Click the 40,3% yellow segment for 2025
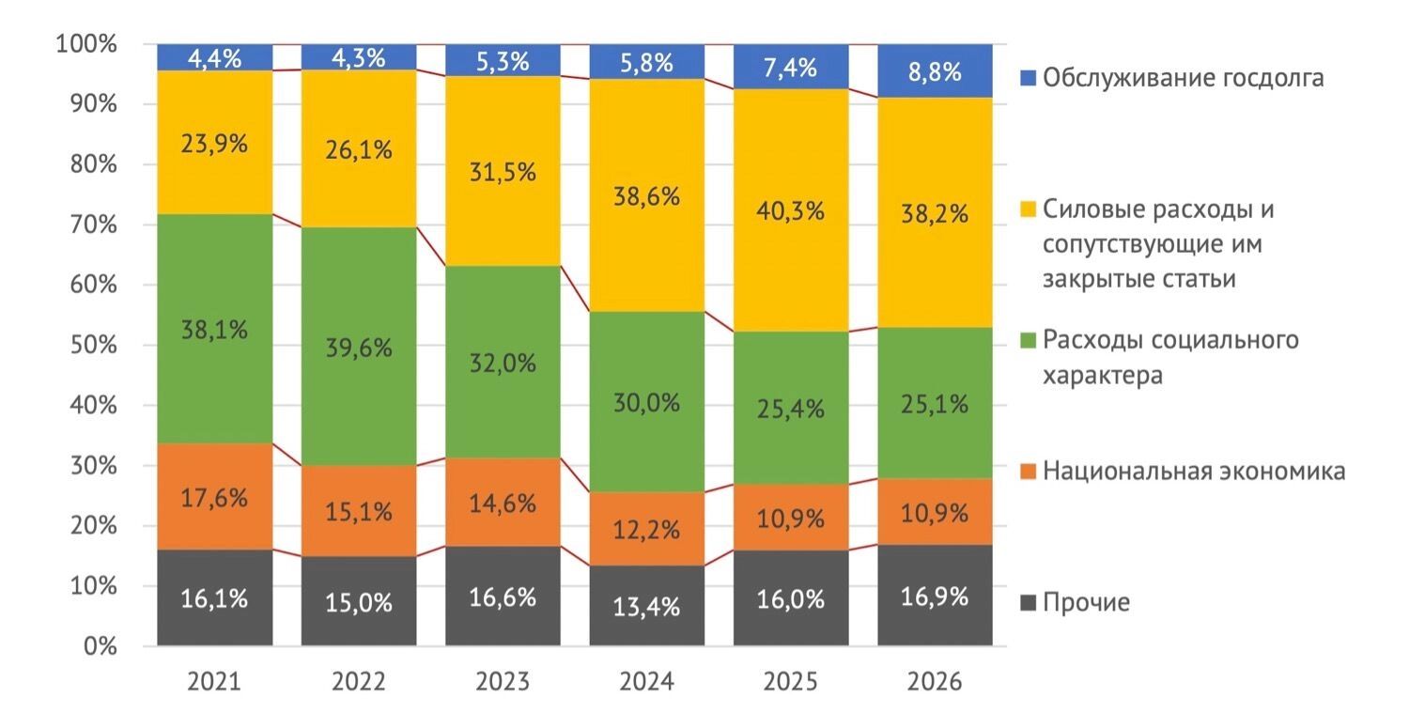(791, 210)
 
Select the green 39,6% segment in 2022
(358, 347)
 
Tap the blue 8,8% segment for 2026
(935, 70)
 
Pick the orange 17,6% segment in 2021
(214, 497)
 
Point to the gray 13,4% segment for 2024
(646, 606)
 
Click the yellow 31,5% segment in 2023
(503, 172)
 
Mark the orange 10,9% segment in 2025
(791, 518)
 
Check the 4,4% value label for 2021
(214, 58)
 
